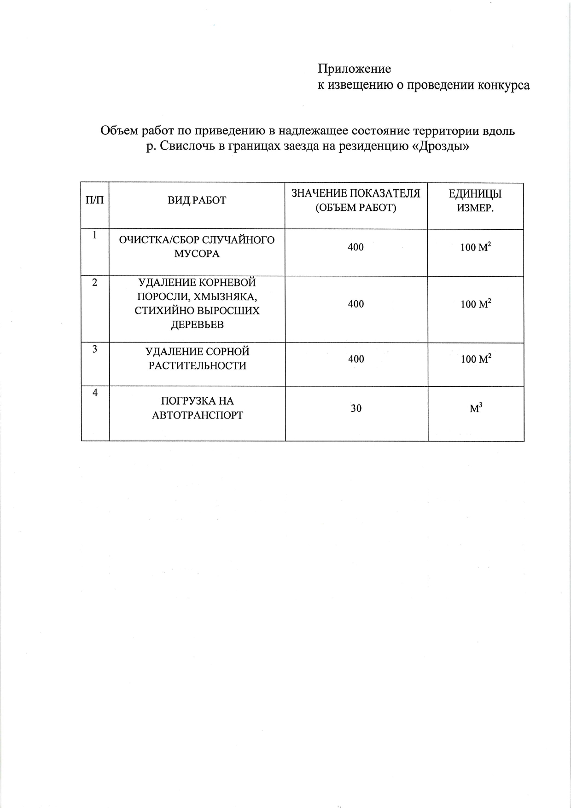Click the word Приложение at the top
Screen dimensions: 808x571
click(x=354, y=69)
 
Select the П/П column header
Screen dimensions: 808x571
click(x=95, y=200)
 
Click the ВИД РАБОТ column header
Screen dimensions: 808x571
click(x=197, y=200)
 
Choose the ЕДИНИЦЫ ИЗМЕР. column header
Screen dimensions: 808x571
click(x=475, y=201)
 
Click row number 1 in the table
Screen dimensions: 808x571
click(x=94, y=235)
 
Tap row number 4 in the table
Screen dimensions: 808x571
click(x=95, y=393)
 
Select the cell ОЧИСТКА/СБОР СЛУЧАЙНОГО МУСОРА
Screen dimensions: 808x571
click(x=197, y=247)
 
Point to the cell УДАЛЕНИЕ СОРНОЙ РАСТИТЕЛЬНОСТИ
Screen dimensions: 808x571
click(x=197, y=359)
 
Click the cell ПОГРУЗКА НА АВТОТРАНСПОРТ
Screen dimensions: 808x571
click(x=197, y=408)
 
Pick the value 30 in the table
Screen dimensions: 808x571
click(x=356, y=408)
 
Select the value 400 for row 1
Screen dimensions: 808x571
click(x=355, y=247)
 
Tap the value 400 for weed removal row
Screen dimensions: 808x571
click(x=356, y=359)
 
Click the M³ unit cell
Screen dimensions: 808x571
click(x=476, y=408)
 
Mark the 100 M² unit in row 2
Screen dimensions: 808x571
click(x=476, y=304)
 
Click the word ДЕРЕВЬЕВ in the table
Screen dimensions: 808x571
click(x=197, y=325)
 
